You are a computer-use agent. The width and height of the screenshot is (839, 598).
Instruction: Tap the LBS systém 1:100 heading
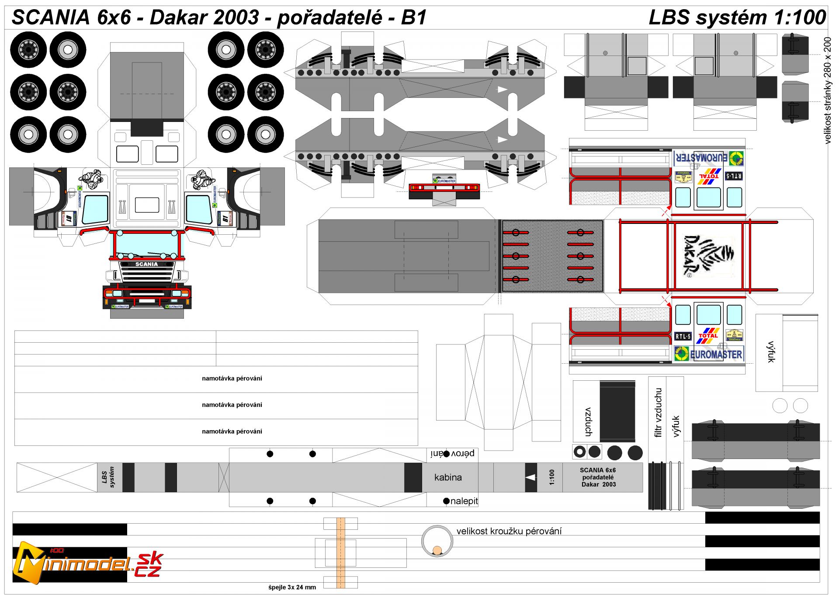(x=737, y=17)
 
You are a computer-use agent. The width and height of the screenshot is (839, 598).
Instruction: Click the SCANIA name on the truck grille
(x=146, y=264)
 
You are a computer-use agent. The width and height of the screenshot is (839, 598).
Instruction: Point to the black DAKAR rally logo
(x=708, y=256)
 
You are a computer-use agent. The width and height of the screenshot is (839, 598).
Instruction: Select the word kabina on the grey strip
(x=448, y=477)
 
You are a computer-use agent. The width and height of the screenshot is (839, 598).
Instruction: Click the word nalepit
(x=464, y=501)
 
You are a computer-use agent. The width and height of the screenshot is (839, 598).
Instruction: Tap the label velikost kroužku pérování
(x=509, y=531)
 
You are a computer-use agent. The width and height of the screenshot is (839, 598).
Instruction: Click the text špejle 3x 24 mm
(x=292, y=587)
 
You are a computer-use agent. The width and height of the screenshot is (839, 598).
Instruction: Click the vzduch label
(x=589, y=422)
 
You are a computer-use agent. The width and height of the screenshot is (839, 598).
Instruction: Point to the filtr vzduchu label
(x=658, y=412)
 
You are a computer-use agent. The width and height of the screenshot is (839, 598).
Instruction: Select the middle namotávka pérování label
(x=232, y=405)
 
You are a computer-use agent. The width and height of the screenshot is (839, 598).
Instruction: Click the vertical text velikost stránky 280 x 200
(x=827, y=90)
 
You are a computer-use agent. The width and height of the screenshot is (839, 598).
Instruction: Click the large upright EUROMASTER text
(x=716, y=354)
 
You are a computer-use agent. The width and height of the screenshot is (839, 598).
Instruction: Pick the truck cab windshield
(x=147, y=244)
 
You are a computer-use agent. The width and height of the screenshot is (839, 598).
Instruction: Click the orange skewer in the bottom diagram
(x=341, y=553)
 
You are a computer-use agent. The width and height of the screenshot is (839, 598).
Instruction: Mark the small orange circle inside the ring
(x=437, y=550)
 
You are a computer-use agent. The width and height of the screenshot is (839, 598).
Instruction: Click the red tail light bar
(x=444, y=188)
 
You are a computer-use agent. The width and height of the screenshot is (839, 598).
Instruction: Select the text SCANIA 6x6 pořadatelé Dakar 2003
(x=598, y=477)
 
